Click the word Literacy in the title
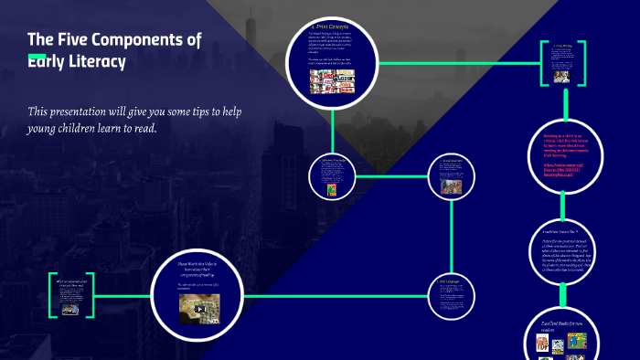92,61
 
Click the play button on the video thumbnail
200,310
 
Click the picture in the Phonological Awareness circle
453,186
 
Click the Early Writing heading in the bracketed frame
562,45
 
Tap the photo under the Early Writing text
562,72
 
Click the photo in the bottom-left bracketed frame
69,308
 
